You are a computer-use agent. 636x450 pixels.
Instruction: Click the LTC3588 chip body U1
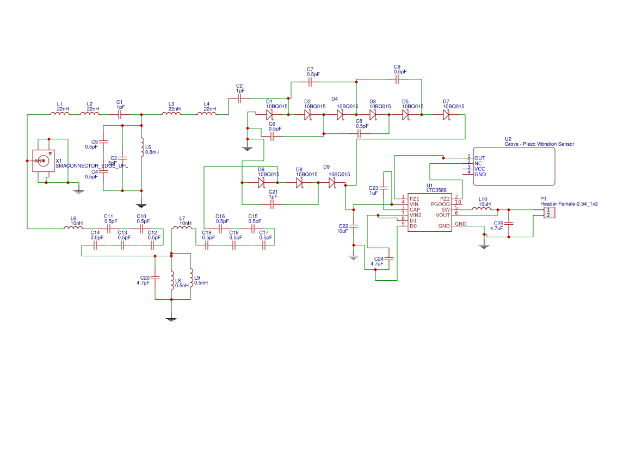point(429,212)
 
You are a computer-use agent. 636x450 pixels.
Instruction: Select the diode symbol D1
point(269,115)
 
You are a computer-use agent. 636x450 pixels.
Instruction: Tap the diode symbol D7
point(446,115)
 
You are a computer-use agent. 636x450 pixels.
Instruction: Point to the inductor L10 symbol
point(480,209)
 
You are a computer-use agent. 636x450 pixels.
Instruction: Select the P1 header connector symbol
point(549,212)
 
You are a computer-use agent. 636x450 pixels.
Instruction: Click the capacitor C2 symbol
point(239,98)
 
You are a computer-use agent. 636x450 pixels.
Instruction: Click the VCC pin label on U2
point(480,169)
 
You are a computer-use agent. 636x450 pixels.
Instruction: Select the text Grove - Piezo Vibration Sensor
point(539,144)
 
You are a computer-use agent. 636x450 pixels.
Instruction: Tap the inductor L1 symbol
point(60,114)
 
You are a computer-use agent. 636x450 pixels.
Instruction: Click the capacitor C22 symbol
point(354,225)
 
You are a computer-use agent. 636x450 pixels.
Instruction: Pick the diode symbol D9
point(332,183)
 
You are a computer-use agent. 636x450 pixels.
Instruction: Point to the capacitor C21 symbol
point(272,204)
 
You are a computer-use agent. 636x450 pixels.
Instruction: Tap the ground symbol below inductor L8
point(171,319)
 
